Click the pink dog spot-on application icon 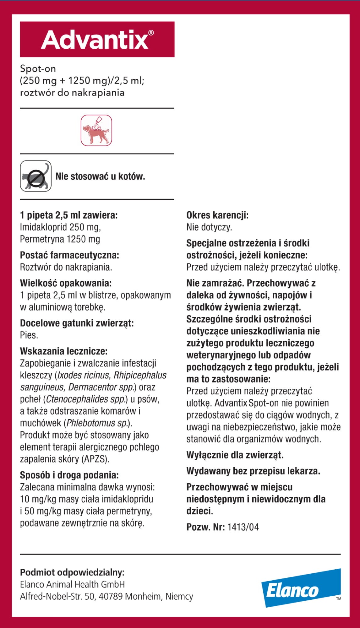96,130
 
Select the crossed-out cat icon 35,176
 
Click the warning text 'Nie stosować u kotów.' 100,176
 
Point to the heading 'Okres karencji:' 217,215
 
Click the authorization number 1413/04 243,527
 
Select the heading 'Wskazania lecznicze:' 64,351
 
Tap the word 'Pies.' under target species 29,335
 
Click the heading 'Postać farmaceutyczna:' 69,255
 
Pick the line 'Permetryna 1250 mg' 60,239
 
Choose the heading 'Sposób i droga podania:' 69,475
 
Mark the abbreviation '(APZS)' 95,459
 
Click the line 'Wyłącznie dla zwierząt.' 235,455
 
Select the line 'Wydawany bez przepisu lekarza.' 253,471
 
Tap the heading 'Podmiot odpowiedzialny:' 72,572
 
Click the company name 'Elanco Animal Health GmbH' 72,584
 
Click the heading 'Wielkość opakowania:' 66,283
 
